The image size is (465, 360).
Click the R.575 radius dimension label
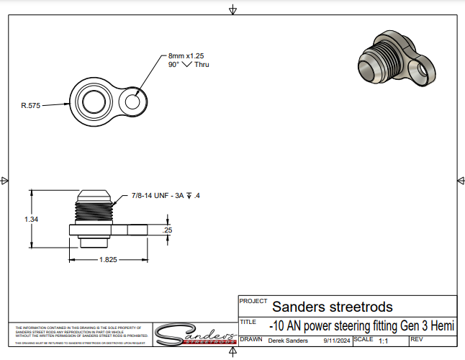click(x=30, y=105)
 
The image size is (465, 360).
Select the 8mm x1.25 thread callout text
click(x=187, y=55)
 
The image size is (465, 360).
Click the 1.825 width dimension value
click(x=109, y=258)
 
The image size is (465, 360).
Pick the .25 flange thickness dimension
click(x=168, y=230)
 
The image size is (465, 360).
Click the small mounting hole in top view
click(x=133, y=102)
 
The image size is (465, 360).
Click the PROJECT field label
click(x=253, y=301)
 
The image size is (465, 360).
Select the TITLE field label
click(x=248, y=322)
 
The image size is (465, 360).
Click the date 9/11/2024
click(x=337, y=340)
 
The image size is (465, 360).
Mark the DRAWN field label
click(x=250, y=338)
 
